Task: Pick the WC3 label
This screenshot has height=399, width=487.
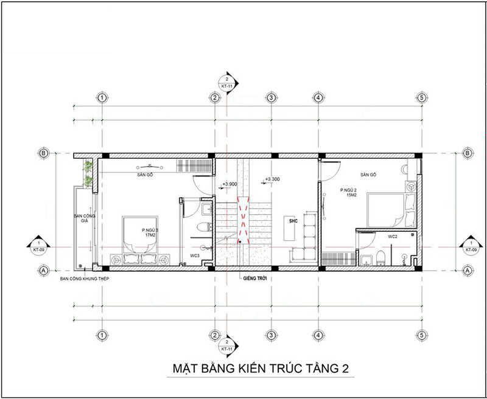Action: [x=195, y=255]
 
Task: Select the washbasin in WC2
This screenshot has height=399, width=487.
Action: [x=365, y=261]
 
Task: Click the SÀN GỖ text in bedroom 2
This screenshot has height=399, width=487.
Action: [x=368, y=175]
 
